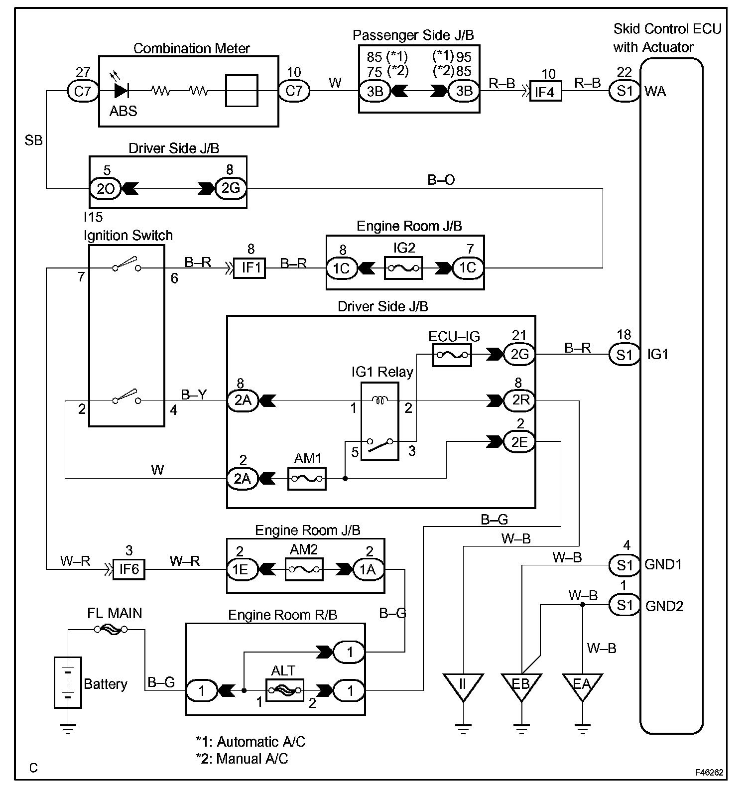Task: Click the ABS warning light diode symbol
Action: [x=121, y=91]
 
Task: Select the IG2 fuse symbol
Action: [x=403, y=268]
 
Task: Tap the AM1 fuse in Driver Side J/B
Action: [x=307, y=479]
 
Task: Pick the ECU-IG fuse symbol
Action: [x=452, y=355]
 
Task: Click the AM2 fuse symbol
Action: [x=304, y=569]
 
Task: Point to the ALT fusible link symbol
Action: [x=284, y=690]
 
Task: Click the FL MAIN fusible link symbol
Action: [x=111, y=630]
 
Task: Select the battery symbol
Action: [x=68, y=682]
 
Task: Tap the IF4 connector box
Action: [x=545, y=91]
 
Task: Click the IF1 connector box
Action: [x=250, y=268]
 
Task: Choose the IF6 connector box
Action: [x=129, y=569]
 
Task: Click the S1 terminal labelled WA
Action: [x=624, y=91]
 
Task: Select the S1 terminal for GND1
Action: [x=624, y=565]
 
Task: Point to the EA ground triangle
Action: [x=582, y=685]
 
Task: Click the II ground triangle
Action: [x=463, y=685]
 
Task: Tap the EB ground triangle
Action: [x=521, y=685]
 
